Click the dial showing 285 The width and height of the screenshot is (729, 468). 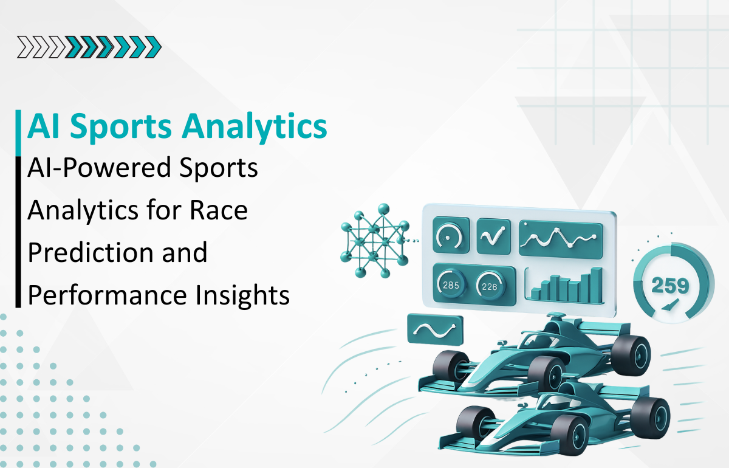click(x=451, y=284)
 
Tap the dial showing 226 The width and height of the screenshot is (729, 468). click(x=491, y=284)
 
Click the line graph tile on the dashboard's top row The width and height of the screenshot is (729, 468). click(x=560, y=236)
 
